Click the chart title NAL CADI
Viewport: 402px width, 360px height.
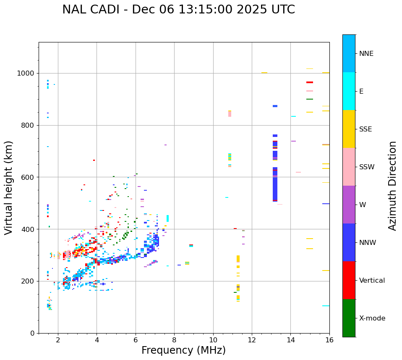pos(178,10)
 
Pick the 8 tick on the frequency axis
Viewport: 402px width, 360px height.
pos(174,339)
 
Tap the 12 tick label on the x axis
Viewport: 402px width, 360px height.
pos(252,339)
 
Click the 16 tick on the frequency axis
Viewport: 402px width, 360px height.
pos(329,339)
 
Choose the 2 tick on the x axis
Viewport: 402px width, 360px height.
pos(58,339)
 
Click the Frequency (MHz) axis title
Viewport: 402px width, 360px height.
pos(183,350)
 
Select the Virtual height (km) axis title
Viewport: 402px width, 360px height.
pos(9,187)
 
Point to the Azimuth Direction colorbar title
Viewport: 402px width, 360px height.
pos(392,186)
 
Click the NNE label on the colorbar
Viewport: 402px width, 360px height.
pos(366,54)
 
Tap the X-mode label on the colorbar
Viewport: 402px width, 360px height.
pos(372,318)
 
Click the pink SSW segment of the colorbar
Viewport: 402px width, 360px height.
pos(349,167)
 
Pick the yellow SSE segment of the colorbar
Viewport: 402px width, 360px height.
pos(349,129)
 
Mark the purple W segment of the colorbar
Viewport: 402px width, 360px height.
pos(349,205)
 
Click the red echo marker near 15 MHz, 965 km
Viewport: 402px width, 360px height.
pos(310,82)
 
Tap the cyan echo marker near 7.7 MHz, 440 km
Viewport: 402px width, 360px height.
pos(167,218)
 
